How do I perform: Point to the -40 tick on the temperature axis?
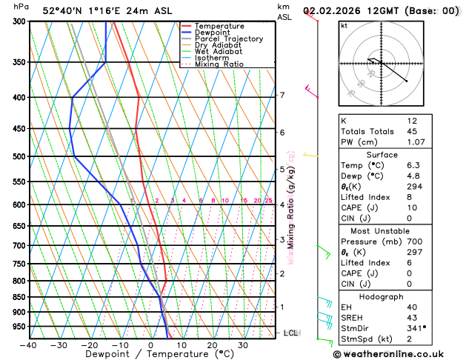click(28, 344)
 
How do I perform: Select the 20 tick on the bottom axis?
click(212, 344)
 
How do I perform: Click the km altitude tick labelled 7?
click(282, 95)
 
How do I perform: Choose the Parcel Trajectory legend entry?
click(228, 39)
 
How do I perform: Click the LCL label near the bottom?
click(291, 333)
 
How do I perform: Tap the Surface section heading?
click(382, 155)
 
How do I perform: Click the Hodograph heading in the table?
click(382, 296)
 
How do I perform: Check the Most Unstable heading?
click(382, 230)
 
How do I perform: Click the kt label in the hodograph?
click(344, 25)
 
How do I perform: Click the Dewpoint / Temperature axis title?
click(150, 354)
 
